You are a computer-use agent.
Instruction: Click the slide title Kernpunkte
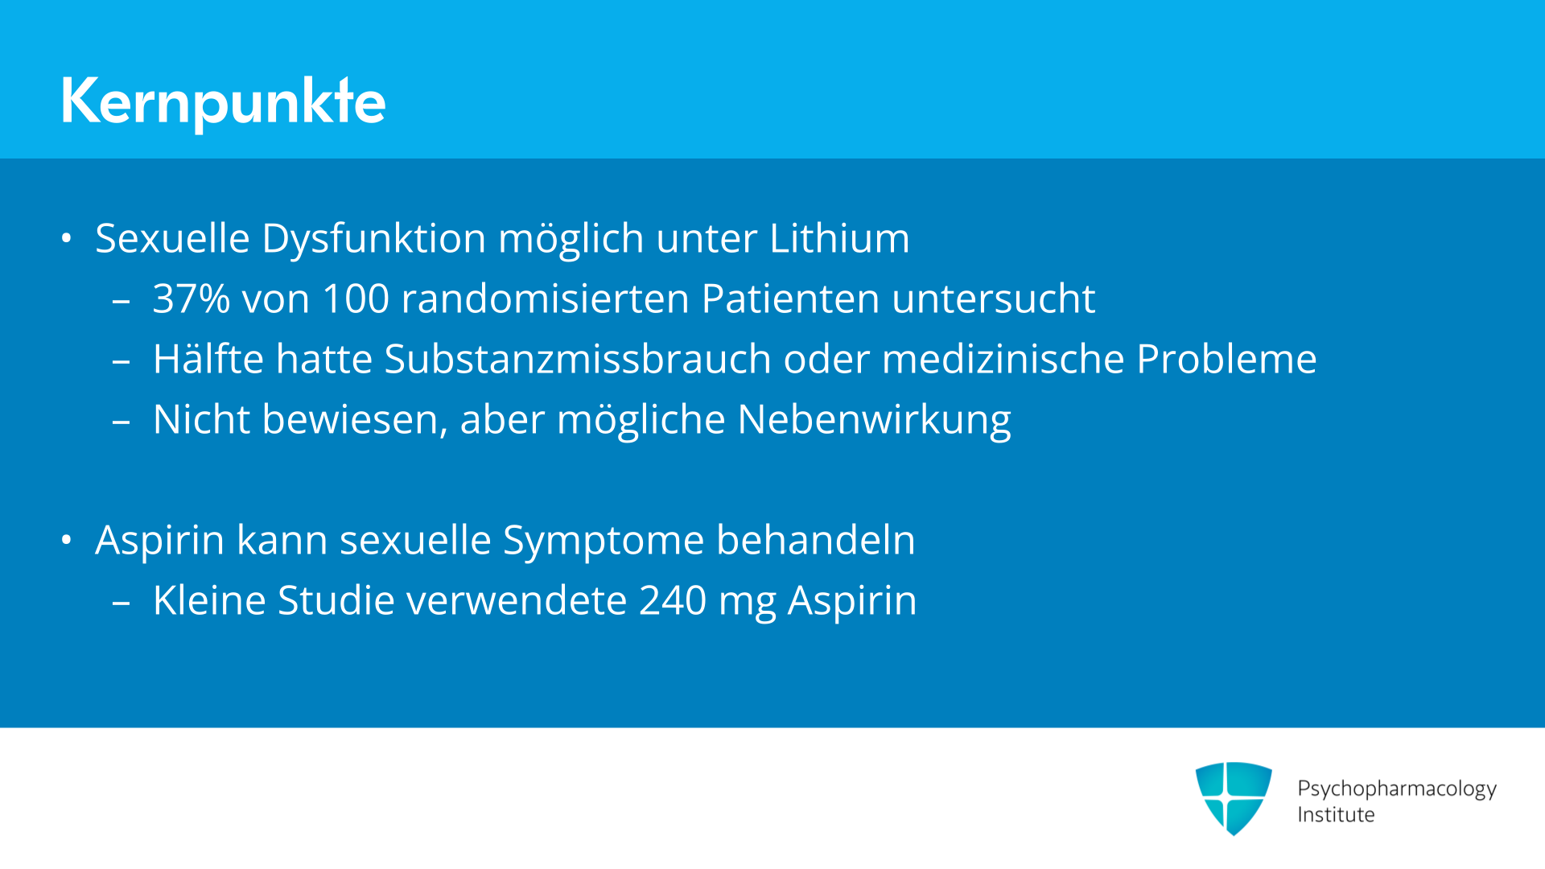(223, 101)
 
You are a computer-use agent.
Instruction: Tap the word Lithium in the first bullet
(839, 238)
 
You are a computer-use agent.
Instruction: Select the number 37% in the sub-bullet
(192, 299)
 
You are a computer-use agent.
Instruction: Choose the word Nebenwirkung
(874, 420)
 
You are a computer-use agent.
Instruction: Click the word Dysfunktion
(374, 239)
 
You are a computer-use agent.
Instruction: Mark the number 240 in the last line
(673, 600)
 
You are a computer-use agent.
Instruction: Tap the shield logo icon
(1234, 798)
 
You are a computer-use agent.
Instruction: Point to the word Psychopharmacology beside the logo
(1397, 789)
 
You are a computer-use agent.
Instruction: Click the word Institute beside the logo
(1336, 814)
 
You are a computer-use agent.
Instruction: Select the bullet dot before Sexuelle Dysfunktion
(67, 238)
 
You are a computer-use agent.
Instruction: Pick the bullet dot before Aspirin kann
(67, 540)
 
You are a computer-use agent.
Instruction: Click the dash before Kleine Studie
(122, 602)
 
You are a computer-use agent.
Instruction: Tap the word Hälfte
(208, 359)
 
